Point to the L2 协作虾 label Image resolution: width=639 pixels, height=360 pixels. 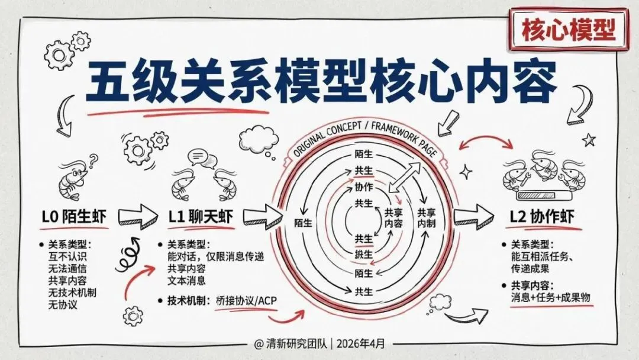pyautogui.click(x=541, y=217)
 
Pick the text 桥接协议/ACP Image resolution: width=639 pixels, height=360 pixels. pyautogui.click(x=246, y=300)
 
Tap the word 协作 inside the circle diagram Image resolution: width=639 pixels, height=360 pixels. pyautogui.click(x=364, y=187)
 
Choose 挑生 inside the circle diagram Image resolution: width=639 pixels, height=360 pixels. pyautogui.click(x=363, y=255)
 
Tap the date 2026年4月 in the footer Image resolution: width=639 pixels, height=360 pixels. pyautogui.click(x=373, y=343)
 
